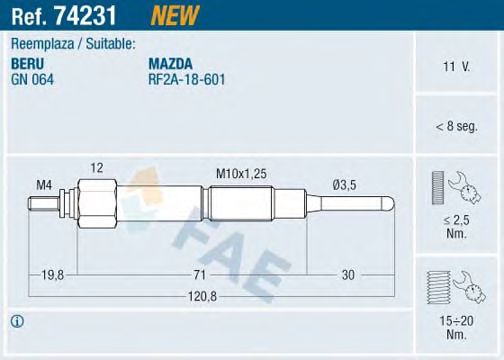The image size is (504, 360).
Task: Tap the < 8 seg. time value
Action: (x=456, y=125)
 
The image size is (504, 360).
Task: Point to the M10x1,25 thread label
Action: (x=241, y=175)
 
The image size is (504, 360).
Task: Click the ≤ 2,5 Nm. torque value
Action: (x=456, y=223)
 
